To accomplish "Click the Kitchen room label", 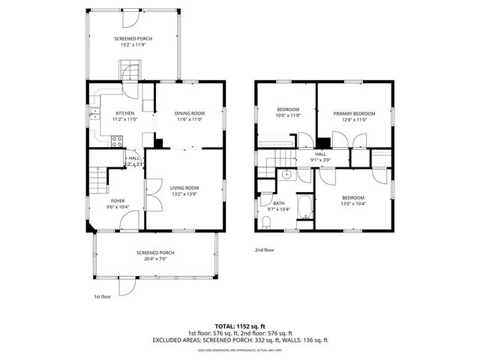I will (124, 113).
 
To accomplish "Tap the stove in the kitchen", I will (117, 139).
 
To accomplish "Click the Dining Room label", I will (190, 113).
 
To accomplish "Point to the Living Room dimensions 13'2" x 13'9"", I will (184, 194).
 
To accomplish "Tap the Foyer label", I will (118, 201).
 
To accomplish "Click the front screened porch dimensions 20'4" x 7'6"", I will (156, 259).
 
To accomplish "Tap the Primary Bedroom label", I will (354, 113).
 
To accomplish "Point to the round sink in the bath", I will (286, 175).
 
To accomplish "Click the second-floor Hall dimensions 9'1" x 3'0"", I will (320, 160).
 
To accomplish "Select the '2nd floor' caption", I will (265, 250).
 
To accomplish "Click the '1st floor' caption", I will (103, 296).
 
